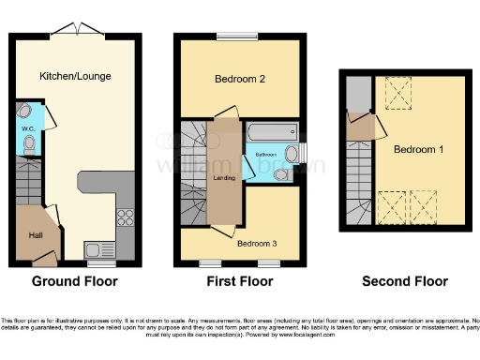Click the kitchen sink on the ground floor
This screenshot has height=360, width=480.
96,249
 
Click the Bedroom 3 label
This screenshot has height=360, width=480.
258,244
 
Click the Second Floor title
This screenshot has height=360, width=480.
406,281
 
